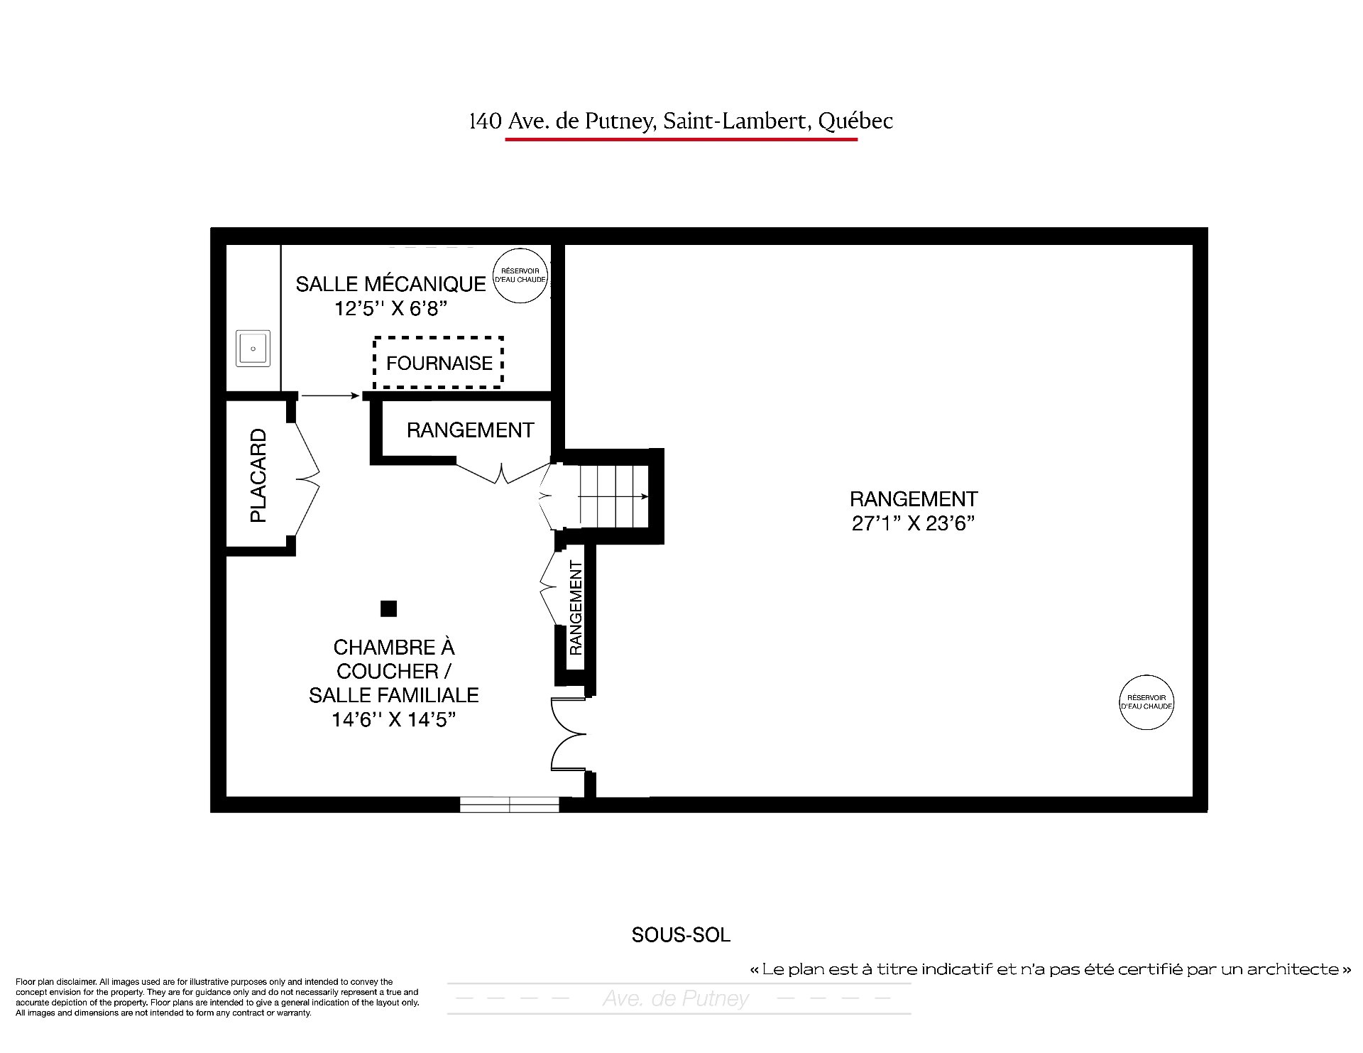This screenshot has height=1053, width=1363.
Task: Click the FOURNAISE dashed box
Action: [x=438, y=338]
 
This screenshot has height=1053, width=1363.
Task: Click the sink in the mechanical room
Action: [x=253, y=349]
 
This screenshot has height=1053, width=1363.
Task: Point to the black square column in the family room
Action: [x=388, y=609]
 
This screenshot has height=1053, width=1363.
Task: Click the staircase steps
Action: [x=614, y=496]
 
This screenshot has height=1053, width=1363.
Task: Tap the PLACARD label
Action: [x=258, y=476]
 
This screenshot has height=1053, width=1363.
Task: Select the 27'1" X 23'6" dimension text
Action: [x=913, y=523]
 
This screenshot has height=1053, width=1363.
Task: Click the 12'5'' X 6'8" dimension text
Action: [x=391, y=309]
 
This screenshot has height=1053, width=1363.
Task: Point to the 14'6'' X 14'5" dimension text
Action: [x=393, y=719]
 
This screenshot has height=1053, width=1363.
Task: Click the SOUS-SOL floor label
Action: [x=681, y=935]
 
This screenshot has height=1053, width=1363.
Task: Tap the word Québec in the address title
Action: [x=855, y=121]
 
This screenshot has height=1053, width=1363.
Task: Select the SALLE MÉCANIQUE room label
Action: [x=390, y=284]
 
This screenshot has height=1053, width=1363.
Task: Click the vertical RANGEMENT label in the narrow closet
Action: [x=576, y=608]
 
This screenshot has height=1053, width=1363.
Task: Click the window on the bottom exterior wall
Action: [x=510, y=804]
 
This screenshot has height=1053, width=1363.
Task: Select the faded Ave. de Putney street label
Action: [x=676, y=998]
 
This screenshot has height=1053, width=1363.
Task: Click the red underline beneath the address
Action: [x=681, y=139]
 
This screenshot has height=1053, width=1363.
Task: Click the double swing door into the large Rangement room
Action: [x=569, y=734]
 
